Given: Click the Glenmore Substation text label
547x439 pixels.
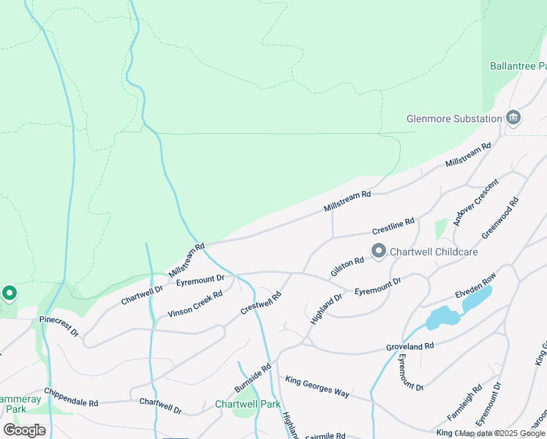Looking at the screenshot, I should (453, 119).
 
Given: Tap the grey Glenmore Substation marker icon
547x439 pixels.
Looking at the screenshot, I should (513, 119).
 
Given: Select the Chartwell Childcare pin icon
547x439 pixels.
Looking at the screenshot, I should (379, 252).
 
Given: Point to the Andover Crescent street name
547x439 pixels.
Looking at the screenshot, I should (475, 202).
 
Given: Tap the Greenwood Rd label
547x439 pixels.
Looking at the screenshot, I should (500, 217).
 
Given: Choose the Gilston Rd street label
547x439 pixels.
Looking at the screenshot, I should (347, 266).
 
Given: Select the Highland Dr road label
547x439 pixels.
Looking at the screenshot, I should (326, 309).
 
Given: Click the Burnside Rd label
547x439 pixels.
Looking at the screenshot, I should (253, 377).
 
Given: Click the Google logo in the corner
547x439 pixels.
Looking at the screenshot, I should (24, 430).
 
